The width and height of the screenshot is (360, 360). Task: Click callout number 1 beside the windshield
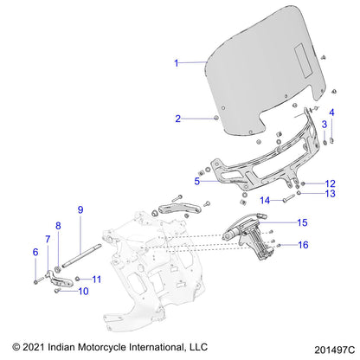pyautogui.click(x=176, y=63)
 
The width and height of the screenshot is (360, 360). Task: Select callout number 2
pyautogui.click(x=177, y=119)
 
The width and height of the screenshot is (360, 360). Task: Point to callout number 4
pyautogui.click(x=331, y=112)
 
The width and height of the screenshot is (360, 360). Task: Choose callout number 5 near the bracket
pyautogui.click(x=197, y=182)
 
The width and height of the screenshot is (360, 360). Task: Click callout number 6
pyautogui.click(x=35, y=252)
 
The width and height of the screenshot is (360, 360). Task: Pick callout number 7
pyautogui.click(x=48, y=238)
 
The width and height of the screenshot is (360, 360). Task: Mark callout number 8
pyautogui.click(x=59, y=226)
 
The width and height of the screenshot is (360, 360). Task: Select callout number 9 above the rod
pyautogui.click(x=80, y=209)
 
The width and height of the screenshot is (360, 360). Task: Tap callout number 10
pyautogui.click(x=83, y=292)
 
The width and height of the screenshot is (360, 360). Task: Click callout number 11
pyautogui.click(x=97, y=279)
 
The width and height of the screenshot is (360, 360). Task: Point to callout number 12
pyautogui.click(x=330, y=183)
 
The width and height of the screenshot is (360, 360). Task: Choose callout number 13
pyautogui.click(x=330, y=194)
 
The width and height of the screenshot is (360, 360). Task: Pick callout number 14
pyautogui.click(x=267, y=201)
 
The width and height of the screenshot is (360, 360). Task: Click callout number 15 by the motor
pyautogui.click(x=302, y=222)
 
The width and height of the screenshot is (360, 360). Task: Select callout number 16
pyautogui.click(x=302, y=245)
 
